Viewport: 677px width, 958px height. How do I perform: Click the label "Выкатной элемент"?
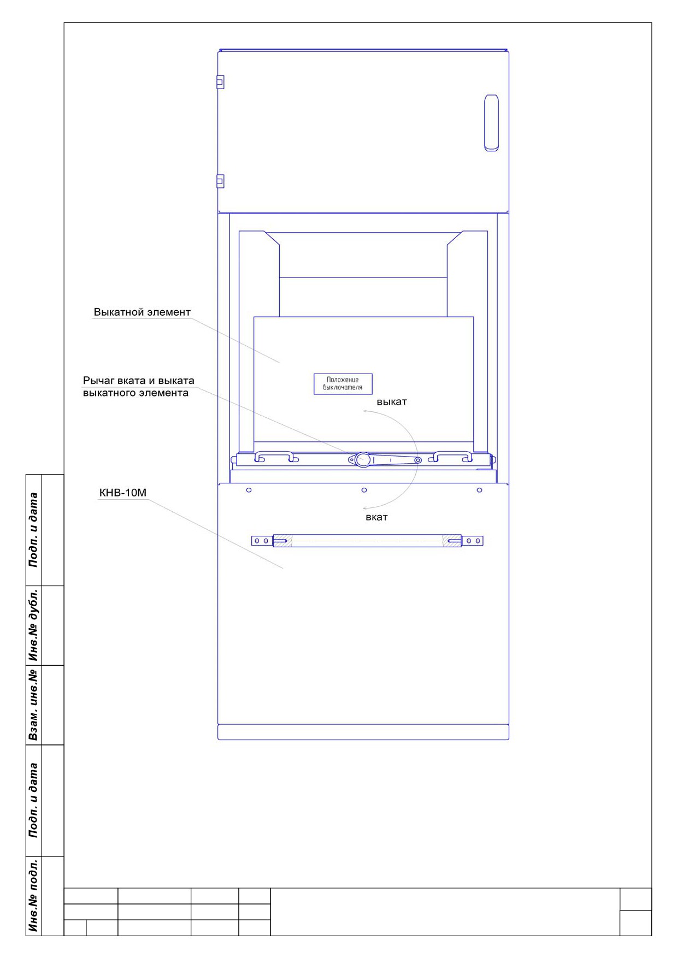[142, 312]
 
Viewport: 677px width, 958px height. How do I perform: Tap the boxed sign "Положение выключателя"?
[343, 383]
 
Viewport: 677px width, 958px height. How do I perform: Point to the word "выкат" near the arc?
[392, 402]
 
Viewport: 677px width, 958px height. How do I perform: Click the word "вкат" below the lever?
[376, 517]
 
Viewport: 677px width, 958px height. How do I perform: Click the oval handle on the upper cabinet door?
[491, 122]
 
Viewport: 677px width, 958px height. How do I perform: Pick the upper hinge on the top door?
[220, 82]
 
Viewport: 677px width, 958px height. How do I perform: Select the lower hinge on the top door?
[220, 181]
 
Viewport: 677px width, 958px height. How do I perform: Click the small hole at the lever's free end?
[417, 460]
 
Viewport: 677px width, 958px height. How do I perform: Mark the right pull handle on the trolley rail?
[451, 456]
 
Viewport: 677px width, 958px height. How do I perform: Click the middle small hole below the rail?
[364, 490]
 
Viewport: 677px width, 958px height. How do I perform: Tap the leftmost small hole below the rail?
[249, 490]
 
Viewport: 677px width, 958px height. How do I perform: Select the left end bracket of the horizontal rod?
[262, 541]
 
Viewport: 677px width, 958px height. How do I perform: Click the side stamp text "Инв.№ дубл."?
[34, 625]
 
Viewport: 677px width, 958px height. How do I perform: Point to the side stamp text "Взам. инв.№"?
[34, 705]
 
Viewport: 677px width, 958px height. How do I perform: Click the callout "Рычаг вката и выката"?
[139, 381]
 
